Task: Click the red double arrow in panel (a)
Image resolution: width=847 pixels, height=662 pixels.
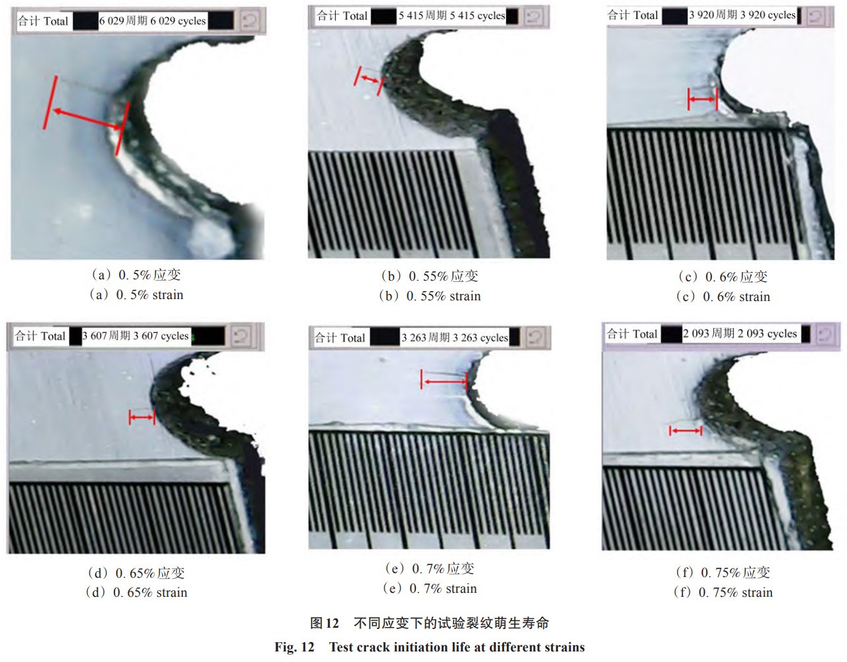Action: pyautogui.click(x=87, y=119)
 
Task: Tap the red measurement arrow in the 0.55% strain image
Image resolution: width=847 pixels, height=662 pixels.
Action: pyautogui.click(x=369, y=79)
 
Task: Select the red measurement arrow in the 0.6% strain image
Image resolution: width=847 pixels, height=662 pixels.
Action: pyautogui.click(x=702, y=99)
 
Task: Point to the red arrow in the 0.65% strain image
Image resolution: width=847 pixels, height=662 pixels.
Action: pyautogui.click(x=142, y=418)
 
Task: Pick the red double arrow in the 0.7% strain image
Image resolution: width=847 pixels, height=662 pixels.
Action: pyautogui.click(x=444, y=381)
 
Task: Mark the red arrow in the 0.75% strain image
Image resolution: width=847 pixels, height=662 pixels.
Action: pyautogui.click(x=686, y=431)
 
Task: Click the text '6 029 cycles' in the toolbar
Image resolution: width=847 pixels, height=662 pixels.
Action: pyautogui.click(x=178, y=20)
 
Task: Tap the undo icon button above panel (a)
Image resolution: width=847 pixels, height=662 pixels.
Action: pyautogui.click(x=250, y=20)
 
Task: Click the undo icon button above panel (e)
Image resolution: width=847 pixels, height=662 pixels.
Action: pyautogui.click(x=536, y=337)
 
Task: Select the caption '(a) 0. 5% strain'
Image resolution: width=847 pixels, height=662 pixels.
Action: pyautogui.click(x=136, y=294)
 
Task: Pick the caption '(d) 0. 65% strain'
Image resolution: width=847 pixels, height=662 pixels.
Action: pyautogui.click(x=136, y=593)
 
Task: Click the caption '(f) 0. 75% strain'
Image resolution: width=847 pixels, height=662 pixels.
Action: pyautogui.click(x=723, y=593)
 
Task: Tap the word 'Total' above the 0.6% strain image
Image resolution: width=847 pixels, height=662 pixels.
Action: pyautogui.click(x=646, y=15)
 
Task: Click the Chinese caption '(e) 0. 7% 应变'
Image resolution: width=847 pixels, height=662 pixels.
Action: pyautogui.click(x=430, y=568)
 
